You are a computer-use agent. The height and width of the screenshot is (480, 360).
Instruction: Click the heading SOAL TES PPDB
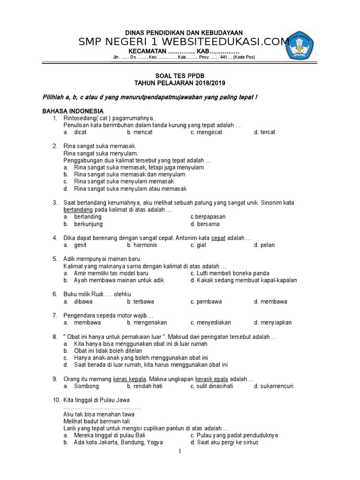click(x=180, y=75)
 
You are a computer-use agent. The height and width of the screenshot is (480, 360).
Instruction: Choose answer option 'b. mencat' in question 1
click(x=140, y=132)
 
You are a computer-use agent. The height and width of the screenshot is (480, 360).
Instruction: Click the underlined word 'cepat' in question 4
click(x=218, y=238)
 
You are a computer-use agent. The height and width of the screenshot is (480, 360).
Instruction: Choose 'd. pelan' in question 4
click(x=264, y=245)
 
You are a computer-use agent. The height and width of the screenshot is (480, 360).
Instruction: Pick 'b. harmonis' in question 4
click(x=142, y=245)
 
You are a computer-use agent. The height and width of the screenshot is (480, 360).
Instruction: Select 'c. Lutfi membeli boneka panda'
click(x=230, y=273)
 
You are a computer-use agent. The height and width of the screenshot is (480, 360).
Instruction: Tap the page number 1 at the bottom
click(x=180, y=451)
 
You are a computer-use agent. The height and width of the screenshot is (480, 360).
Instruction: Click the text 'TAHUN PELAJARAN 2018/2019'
click(x=180, y=83)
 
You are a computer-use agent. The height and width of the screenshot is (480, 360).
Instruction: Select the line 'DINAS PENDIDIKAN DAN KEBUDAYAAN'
click(x=180, y=32)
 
